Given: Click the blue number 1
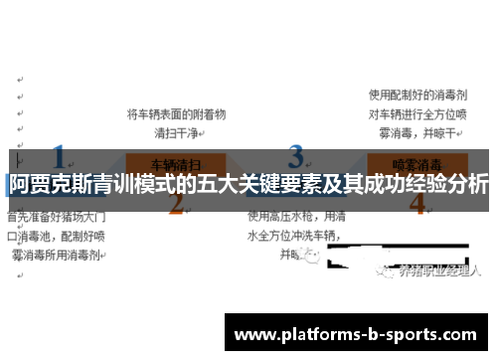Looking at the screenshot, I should [x=59, y=158].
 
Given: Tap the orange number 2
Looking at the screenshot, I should [x=177, y=204].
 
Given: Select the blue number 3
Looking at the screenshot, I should [x=296, y=157].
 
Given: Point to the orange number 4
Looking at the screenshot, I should [x=416, y=204].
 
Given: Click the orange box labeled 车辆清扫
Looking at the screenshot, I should [x=177, y=161].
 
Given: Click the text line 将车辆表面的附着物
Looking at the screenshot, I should [x=177, y=114].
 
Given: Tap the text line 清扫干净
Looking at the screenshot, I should [x=177, y=131].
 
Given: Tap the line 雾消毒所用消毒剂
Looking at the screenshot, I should [x=55, y=255].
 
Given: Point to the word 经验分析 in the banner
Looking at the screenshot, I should [x=447, y=184].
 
